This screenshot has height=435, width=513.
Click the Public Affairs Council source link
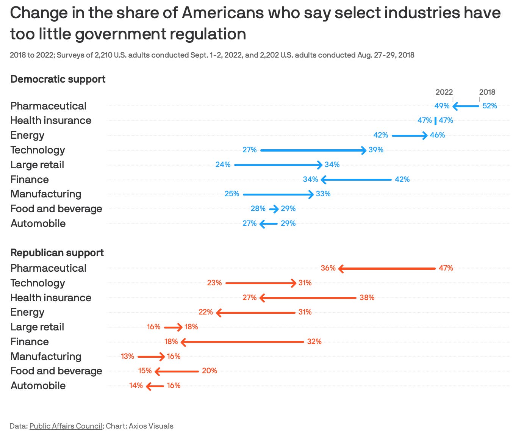click(66, 426)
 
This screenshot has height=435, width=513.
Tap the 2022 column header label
click(444, 92)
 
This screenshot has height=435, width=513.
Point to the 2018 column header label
click(487, 92)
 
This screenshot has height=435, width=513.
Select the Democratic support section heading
click(58, 79)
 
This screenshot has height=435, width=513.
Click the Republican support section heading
click(57, 253)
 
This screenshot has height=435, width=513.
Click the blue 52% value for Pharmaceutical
click(490, 106)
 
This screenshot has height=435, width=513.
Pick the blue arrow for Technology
click(313, 150)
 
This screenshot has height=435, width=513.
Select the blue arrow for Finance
click(356, 180)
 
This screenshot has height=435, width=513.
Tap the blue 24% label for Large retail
click(223, 165)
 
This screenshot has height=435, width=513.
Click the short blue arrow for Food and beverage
click(274, 209)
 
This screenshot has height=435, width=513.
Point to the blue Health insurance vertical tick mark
click(435, 121)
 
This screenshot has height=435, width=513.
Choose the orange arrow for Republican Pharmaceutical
click(387, 269)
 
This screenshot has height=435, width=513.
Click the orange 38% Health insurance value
click(367, 298)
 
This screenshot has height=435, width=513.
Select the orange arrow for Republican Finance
click(242, 342)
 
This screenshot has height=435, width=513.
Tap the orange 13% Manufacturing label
click(127, 357)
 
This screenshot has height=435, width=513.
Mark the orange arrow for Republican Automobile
click(155, 386)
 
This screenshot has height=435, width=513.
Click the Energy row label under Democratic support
click(27, 135)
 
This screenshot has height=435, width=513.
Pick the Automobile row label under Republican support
click(38, 386)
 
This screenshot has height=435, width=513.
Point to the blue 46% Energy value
click(437, 135)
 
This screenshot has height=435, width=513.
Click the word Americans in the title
click(222, 13)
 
